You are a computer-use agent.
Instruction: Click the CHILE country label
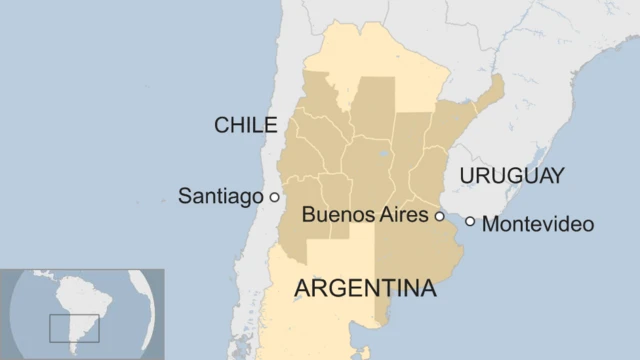[x=245, y=125]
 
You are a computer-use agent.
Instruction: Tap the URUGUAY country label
[x=511, y=177]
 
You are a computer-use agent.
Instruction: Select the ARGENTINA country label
[x=366, y=289]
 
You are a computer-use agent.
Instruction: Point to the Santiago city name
[x=220, y=196]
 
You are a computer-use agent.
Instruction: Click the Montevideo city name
[x=538, y=224]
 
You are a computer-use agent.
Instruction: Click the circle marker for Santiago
[x=274, y=197]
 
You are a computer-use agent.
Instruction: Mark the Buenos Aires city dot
[x=438, y=215]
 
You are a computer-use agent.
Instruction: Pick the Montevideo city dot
[x=470, y=221]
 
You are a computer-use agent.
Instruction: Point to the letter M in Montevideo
[x=491, y=224]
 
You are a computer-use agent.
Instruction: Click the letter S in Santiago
[x=185, y=196]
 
